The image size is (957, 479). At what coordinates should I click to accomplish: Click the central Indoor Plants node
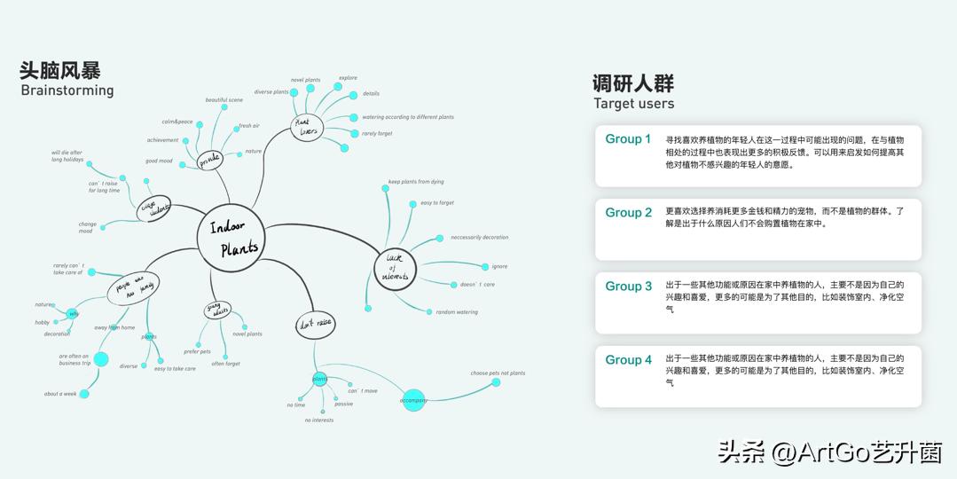(232, 237)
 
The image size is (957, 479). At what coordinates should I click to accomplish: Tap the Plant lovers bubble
(307, 127)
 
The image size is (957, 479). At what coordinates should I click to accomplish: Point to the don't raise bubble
(315, 325)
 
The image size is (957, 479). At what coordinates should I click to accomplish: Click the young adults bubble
(216, 311)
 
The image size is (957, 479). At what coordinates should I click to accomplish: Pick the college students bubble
(154, 208)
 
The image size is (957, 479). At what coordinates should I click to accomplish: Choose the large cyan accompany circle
(413, 400)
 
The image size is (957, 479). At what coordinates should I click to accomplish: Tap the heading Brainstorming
(67, 90)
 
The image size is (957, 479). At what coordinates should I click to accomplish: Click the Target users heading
(633, 104)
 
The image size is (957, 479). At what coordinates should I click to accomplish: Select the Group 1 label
(628, 139)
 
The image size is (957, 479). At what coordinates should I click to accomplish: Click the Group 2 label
(628, 213)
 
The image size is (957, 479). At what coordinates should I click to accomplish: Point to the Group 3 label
(628, 287)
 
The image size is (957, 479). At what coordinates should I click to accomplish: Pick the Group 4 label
(628, 360)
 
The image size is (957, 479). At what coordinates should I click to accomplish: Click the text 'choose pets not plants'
(498, 373)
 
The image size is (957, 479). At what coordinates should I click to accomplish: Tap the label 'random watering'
(457, 312)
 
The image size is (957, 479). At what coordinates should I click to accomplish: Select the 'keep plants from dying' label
(416, 182)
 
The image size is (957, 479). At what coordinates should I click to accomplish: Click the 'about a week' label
(60, 394)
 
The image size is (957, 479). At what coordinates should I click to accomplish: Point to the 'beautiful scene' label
(224, 100)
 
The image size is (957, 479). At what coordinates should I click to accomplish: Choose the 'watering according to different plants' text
(407, 117)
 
